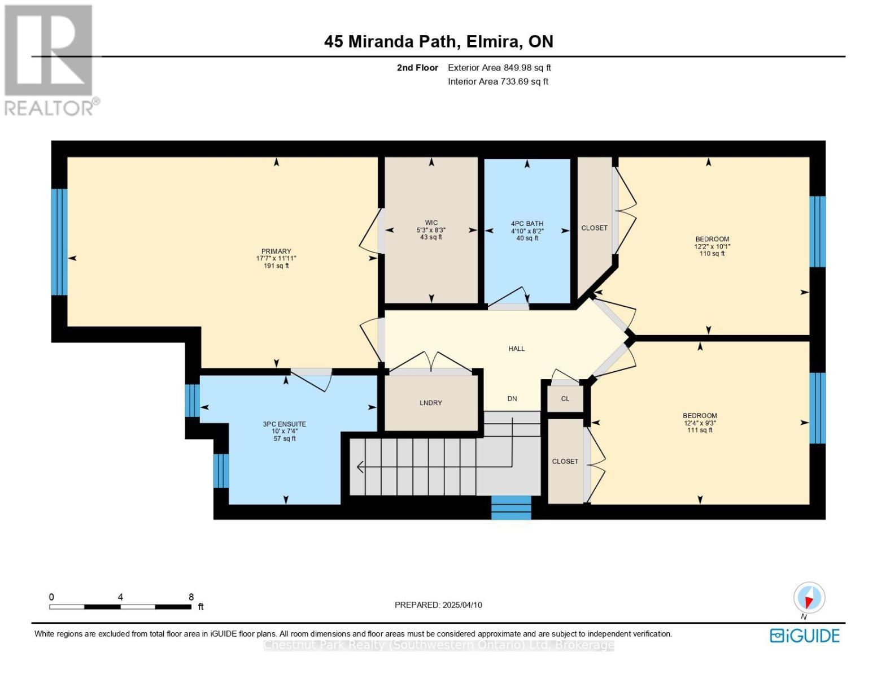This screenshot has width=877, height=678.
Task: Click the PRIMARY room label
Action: tap(276, 251)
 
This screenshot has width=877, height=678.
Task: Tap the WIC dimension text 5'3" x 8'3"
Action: tap(431, 230)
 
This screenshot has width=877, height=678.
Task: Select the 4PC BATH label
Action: tap(527, 224)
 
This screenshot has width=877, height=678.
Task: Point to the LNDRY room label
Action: tap(431, 403)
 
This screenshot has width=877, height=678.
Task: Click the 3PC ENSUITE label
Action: tap(285, 424)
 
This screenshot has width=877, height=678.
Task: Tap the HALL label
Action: tap(517, 349)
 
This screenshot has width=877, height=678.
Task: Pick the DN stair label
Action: tap(512, 398)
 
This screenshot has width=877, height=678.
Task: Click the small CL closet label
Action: tap(565, 398)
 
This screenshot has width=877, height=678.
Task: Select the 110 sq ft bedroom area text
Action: tap(712, 254)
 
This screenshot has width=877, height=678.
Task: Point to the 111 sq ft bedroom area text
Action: tap(700, 430)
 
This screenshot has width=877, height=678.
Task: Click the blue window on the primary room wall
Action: tap(59, 242)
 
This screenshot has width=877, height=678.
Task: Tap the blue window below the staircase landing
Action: tap(511, 507)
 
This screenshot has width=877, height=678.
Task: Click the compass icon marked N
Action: tap(809, 598)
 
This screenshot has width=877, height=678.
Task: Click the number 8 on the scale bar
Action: tap(191, 597)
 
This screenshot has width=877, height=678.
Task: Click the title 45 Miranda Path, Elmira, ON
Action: tap(439, 42)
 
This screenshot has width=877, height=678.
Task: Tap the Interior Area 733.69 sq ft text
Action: tap(498, 81)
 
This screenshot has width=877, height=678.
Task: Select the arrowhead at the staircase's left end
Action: tap(360, 467)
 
